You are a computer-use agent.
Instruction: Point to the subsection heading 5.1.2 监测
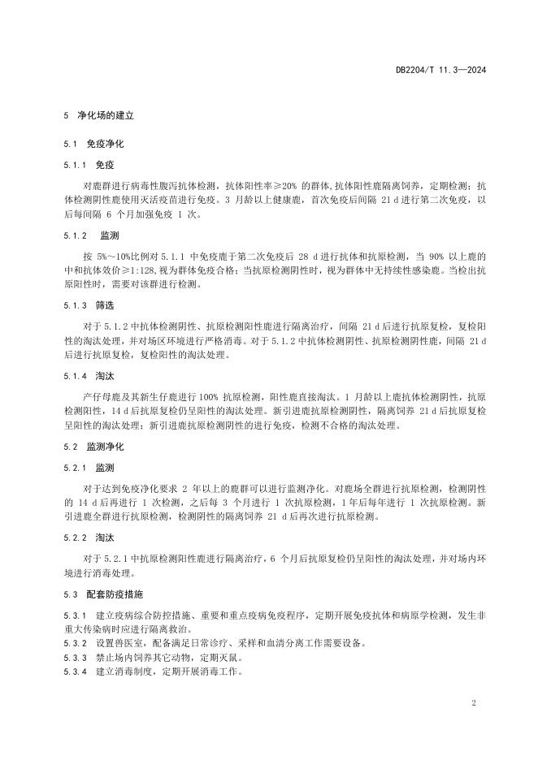(x=91, y=235)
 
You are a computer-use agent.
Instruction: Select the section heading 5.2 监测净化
(x=94, y=447)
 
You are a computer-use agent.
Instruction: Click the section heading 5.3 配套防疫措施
(x=104, y=594)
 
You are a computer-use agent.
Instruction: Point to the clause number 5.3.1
(x=75, y=615)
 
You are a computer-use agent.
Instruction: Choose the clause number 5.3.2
(x=75, y=644)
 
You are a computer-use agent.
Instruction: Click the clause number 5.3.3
(x=75, y=658)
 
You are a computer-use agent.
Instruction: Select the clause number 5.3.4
(x=75, y=671)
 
